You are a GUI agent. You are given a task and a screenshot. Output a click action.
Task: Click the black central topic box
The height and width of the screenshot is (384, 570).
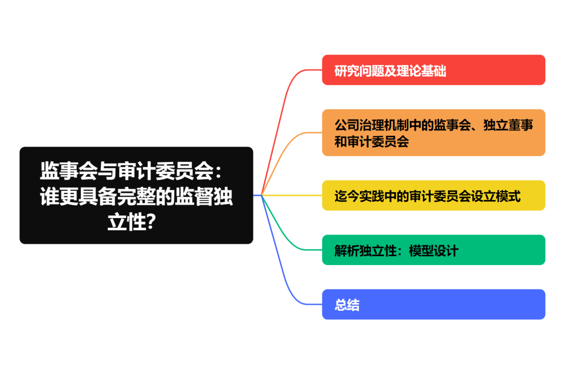[136, 195]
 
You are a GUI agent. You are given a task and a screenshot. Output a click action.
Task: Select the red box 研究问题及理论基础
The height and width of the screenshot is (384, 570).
[433, 70]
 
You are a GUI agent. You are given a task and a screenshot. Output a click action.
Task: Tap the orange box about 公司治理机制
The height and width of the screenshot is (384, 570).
[433, 133]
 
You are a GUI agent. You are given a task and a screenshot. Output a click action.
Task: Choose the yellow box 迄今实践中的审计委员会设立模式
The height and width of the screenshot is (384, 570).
[433, 195]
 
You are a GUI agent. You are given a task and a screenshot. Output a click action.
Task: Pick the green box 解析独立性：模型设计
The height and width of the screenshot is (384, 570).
[433, 250]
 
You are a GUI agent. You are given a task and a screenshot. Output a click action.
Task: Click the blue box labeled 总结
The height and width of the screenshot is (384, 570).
[433, 304]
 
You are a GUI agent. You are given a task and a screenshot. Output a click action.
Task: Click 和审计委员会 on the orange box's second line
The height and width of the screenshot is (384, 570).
[372, 142]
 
